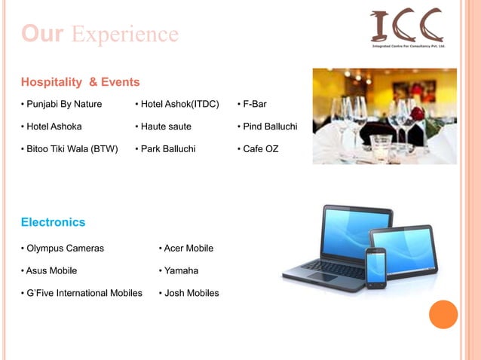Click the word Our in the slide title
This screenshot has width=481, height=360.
click(x=43, y=34)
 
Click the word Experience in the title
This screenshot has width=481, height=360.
click(x=125, y=34)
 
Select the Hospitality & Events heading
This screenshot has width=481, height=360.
click(x=80, y=81)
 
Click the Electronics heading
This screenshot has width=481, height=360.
click(x=53, y=222)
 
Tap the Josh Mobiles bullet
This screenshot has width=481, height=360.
click(x=189, y=293)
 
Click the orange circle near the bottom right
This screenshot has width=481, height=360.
click(x=443, y=314)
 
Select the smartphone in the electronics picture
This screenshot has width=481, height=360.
click(x=376, y=267)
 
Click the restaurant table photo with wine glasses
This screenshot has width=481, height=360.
click(x=384, y=116)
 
